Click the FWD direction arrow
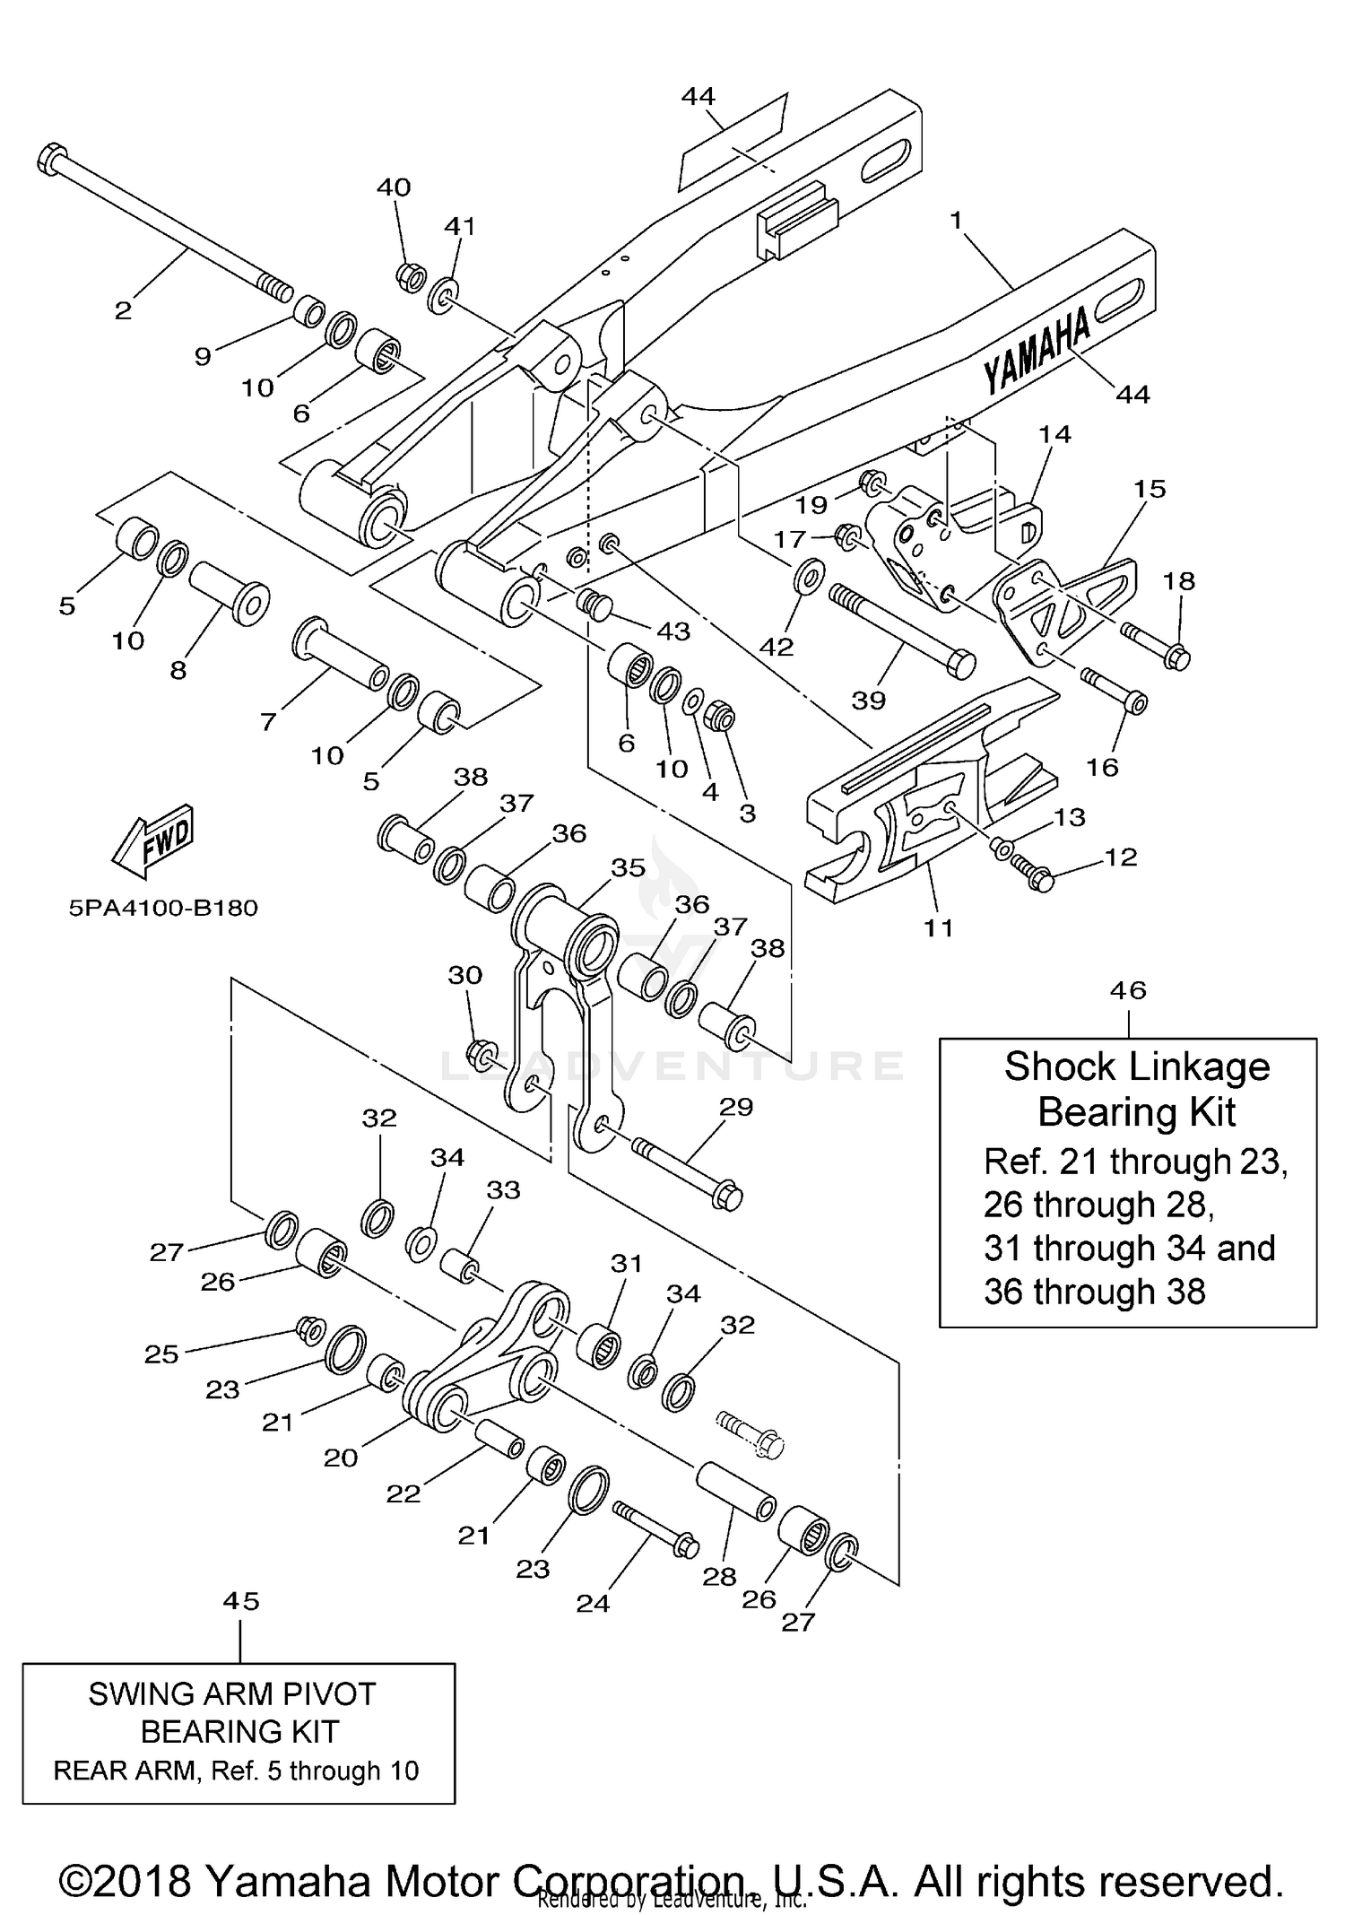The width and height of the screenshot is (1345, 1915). (x=152, y=840)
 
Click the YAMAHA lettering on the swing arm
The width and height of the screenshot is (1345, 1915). (x=1037, y=351)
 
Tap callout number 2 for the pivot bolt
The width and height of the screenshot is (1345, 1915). (x=123, y=311)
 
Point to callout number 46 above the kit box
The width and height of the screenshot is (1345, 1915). (x=1128, y=990)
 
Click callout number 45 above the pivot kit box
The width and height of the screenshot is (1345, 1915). (x=241, y=1601)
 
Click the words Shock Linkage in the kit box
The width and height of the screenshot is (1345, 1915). (x=1137, y=1066)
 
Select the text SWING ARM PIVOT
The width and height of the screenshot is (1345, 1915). (x=232, y=1693)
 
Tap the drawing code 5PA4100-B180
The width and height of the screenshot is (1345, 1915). (x=163, y=908)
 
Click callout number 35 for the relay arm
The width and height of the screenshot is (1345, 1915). (x=629, y=867)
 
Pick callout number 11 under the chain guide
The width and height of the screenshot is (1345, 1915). (x=939, y=927)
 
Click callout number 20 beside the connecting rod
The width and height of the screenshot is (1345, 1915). (x=341, y=1458)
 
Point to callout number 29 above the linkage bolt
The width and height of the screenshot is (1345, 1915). (x=736, y=1106)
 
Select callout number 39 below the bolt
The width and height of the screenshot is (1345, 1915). (x=868, y=700)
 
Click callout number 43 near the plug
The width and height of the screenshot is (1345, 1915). (x=673, y=631)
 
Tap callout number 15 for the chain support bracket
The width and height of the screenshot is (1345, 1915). (x=1150, y=489)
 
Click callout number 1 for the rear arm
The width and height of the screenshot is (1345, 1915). (x=957, y=220)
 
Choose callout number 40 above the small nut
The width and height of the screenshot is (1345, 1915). (x=394, y=187)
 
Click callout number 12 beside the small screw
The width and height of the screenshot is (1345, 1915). (x=1122, y=857)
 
